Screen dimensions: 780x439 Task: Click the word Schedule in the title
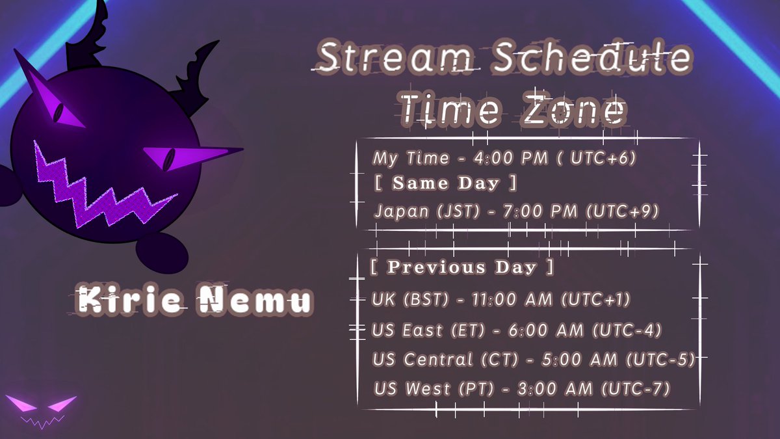[592, 57]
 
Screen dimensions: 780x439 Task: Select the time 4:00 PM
[510, 158]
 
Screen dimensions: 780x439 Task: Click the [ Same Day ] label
[445, 183]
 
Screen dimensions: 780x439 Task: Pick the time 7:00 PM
[540, 211]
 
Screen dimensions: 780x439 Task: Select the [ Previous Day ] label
[461, 267]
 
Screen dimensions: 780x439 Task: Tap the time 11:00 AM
[512, 299]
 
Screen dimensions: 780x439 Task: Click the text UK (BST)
[410, 299]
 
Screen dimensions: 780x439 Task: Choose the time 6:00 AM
[545, 330]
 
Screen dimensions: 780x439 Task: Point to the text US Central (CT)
[445, 360]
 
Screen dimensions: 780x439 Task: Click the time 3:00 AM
[554, 389]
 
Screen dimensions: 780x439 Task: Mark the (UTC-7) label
[636, 389]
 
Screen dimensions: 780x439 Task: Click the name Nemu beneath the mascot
[255, 300]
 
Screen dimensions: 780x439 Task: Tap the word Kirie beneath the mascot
[129, 299]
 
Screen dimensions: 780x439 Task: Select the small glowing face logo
[41, 411]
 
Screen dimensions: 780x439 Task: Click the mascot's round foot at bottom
[162, 254]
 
